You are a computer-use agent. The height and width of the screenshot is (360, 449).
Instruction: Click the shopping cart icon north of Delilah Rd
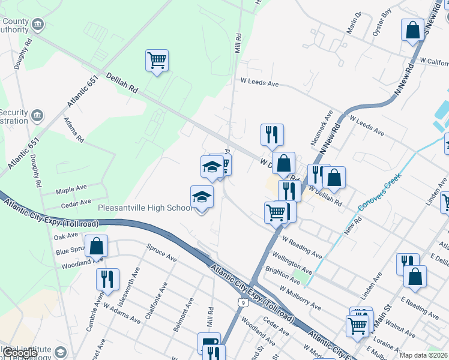point(157,61)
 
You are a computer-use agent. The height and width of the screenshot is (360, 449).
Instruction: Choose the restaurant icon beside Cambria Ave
point(107,279)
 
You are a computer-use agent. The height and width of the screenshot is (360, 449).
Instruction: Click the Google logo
point(20,353)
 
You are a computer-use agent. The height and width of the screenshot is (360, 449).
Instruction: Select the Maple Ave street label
point(71,191)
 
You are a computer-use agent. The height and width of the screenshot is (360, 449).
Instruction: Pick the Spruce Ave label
point(162,253)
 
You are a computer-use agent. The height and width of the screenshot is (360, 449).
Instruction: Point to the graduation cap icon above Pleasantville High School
point(211,167)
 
